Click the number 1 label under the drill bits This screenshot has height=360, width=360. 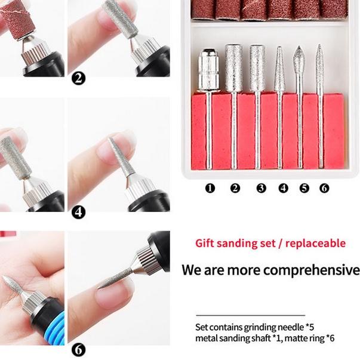point(210,188)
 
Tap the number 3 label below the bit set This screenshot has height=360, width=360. point(261,188)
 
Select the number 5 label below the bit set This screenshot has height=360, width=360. point(304,188)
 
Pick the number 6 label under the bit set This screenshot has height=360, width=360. point(324,188)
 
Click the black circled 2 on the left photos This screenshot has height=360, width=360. point(78,78)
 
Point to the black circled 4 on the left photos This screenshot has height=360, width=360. point(78,212)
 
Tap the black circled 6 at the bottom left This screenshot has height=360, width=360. point(78,350)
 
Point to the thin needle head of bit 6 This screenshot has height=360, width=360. point(320,66)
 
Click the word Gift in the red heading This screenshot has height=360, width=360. point(205,244)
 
